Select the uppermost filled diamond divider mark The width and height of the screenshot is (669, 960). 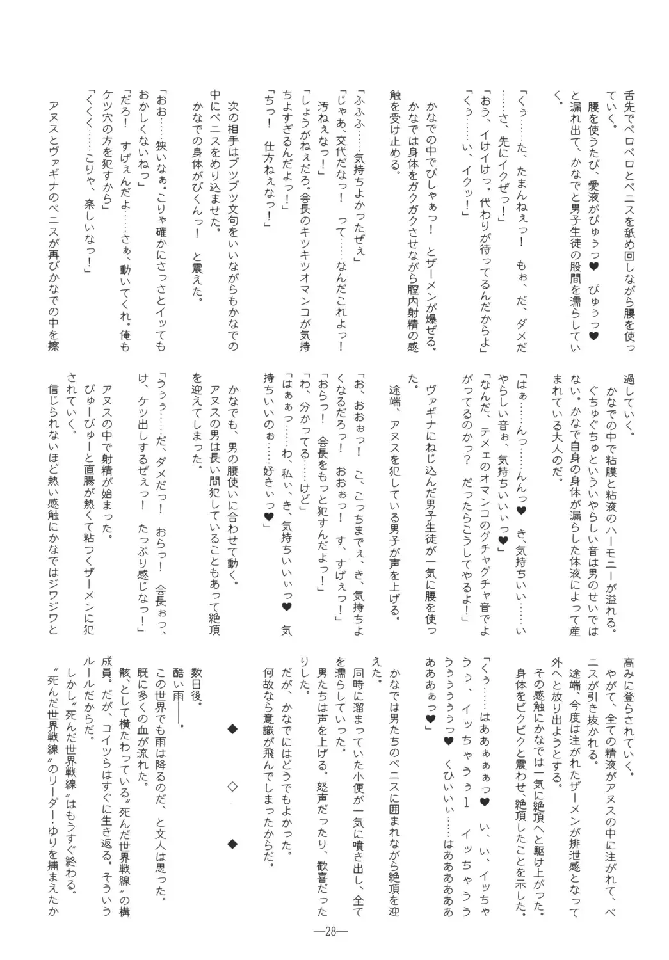[x=232, y=728]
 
